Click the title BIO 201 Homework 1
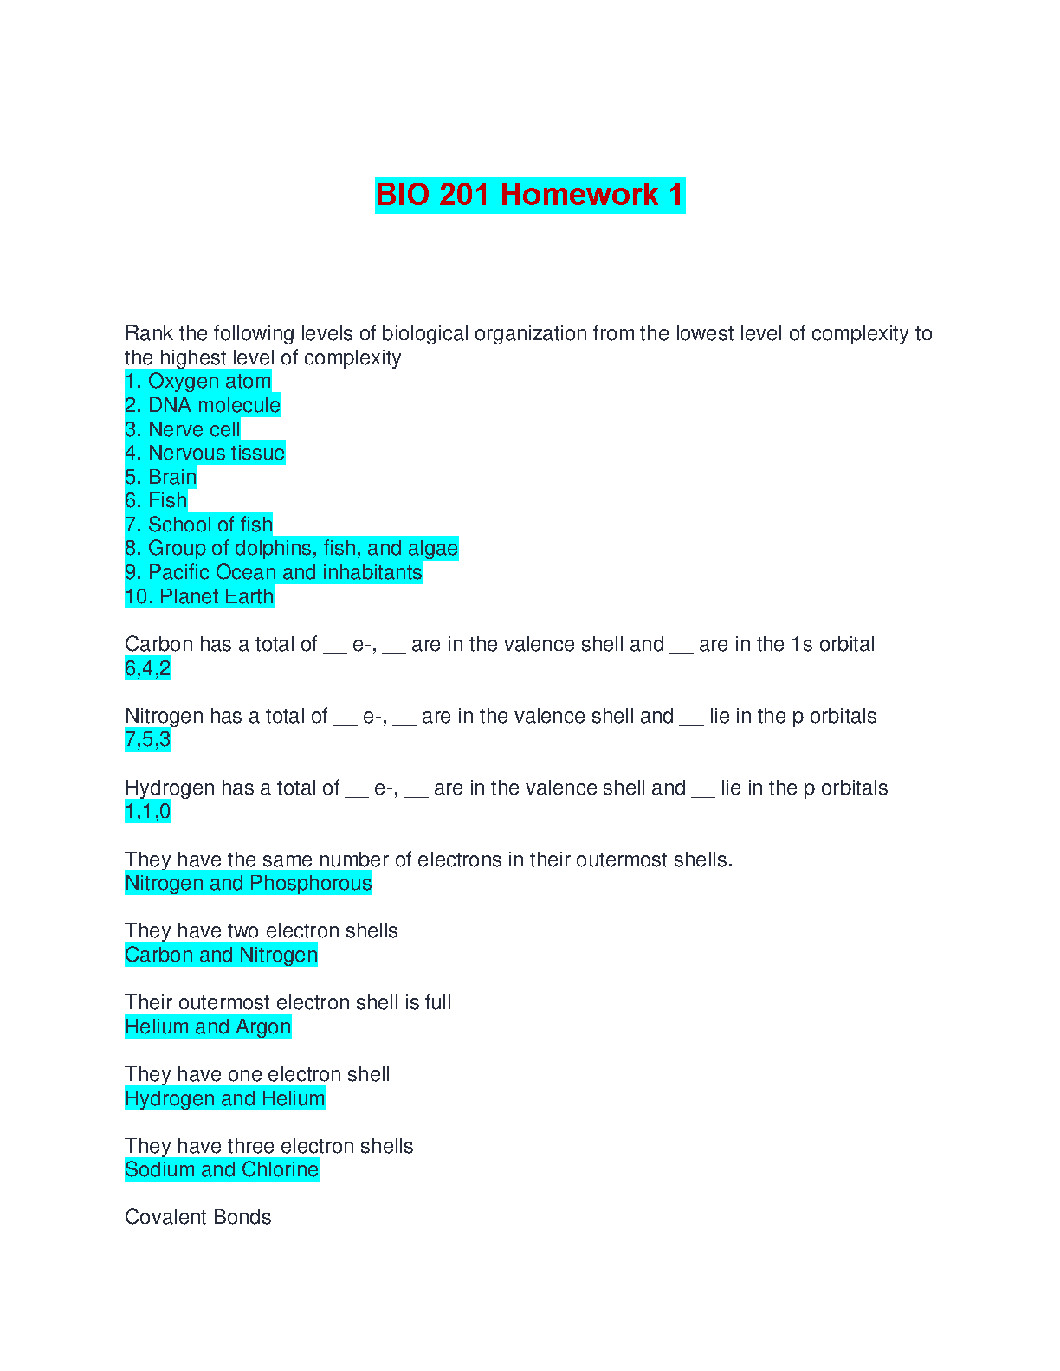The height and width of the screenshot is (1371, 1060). [x=529, y=195]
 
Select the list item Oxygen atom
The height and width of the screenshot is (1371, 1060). [x=198, y=382]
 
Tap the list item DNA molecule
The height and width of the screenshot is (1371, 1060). [x=203, y=405]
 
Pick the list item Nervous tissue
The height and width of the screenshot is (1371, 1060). [x=205, y=453]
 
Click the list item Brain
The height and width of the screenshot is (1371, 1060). [x=161, y=477]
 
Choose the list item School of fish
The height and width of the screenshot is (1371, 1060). [x=199, y=525]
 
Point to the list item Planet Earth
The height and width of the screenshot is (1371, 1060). [x=200, y=596]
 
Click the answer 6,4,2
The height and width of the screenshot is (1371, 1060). [x=148, y=668]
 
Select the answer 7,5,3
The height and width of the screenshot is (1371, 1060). [x=148, y=740]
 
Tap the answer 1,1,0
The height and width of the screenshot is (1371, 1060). [x=148, y=812]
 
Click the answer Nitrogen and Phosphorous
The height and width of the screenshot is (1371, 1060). [x=249, y=883]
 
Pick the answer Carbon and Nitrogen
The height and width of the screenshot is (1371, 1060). [x=222, y=955]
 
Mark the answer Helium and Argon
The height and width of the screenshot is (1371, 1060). [x=208, y=1027]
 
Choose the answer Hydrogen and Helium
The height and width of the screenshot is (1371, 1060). [x=225, y=1098]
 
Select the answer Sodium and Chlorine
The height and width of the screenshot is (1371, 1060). [x=222, y=1169]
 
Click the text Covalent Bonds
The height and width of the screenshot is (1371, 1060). [x=198, y=1217]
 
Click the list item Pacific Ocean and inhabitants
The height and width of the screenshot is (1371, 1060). [x=274, y=572]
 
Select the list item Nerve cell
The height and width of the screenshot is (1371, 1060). [x=183, y=429]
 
